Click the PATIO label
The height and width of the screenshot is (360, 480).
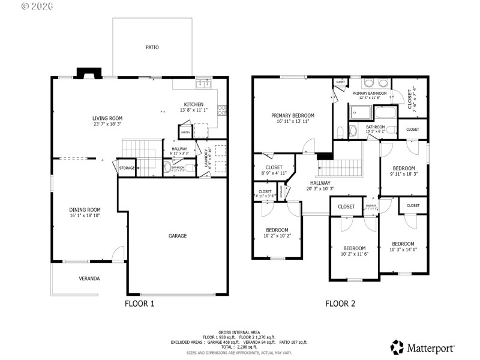(152, 47)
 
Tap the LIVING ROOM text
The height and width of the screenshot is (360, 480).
(107, 118)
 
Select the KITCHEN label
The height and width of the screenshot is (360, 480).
(193, 104)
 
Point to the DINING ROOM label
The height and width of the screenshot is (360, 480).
(85, 210)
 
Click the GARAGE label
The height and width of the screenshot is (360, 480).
(177, 236)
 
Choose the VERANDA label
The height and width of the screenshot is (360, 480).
(89, 278)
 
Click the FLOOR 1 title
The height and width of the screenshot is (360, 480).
(139, 304)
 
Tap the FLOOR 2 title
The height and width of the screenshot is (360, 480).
(340, 304)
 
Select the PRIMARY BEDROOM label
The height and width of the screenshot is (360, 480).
(292, 116)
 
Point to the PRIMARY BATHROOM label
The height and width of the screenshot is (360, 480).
(369, 94)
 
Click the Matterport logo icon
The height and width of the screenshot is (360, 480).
(397, 347)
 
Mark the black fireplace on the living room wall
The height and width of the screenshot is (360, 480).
(88, 74)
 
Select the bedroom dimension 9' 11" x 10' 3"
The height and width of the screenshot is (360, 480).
(404, 174)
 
